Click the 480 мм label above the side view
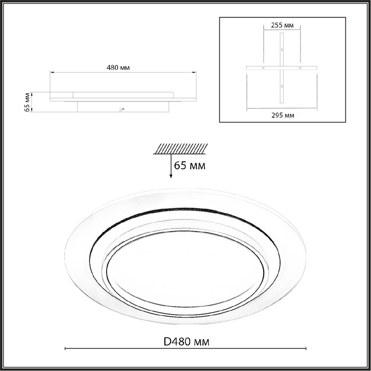[118, 68]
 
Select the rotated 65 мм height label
[28, 102]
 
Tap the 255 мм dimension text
[282, 25]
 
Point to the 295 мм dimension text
[283, 115]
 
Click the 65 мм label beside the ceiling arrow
[190, 165]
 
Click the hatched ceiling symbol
[180, 149]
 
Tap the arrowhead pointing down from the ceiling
[171, 176]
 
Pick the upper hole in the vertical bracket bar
[282, 50]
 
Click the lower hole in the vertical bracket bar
[282, 87]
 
